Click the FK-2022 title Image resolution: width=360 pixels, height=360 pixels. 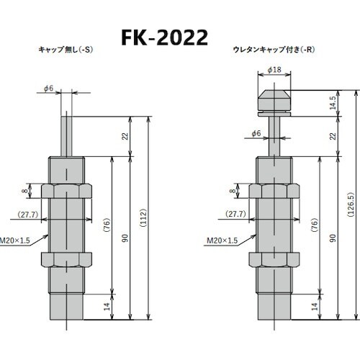click(179, 37)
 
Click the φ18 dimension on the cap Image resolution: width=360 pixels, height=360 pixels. click(274, 70)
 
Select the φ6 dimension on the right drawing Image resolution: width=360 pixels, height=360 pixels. click(256, 133)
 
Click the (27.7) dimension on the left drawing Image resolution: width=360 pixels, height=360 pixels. click(28, 215)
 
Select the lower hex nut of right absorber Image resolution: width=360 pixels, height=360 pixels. click(274, 259)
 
